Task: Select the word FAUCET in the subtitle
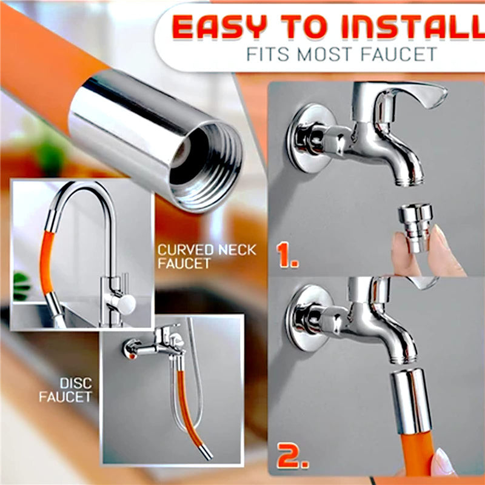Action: click(403, 55)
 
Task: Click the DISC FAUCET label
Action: click(65, 390)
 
